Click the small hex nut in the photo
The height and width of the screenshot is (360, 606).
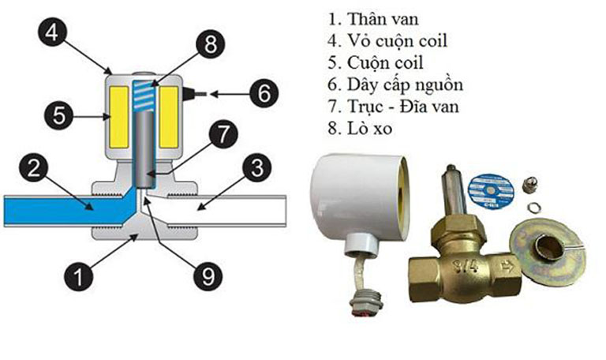(x=530, y=188)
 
